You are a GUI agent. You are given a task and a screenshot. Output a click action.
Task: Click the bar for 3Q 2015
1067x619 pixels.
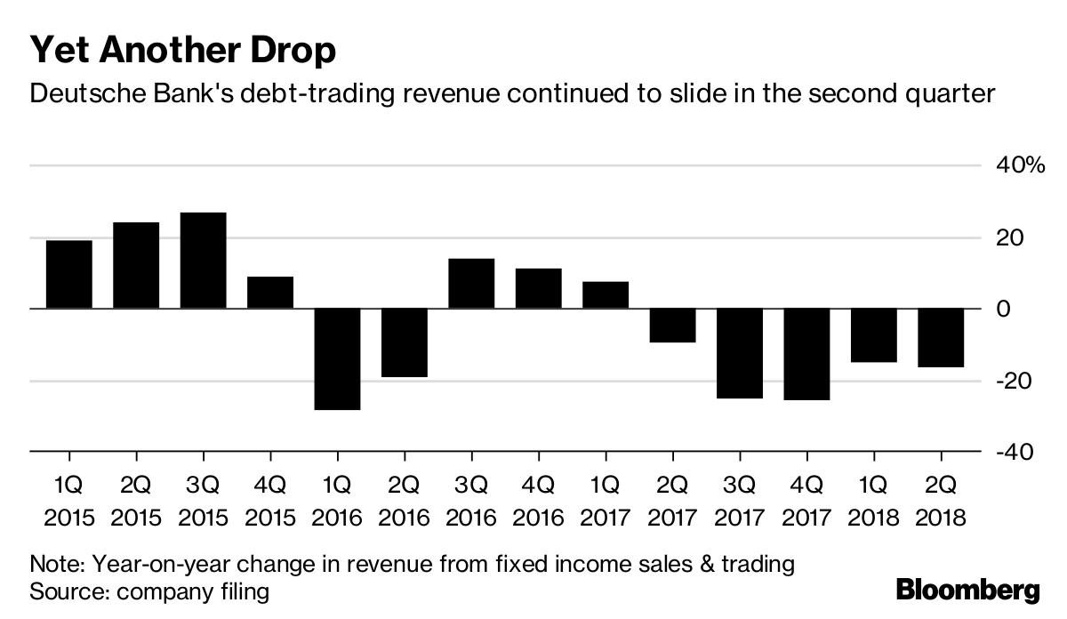coord(203,261)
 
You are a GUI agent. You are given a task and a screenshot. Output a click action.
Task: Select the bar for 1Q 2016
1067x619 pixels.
coord(337,359)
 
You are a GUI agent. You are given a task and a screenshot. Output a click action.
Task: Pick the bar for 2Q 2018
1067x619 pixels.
coord(940,338)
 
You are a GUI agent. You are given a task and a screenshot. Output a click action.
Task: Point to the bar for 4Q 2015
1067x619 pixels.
coord(270,293)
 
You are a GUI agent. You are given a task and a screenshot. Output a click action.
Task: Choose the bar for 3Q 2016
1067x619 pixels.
coord(471,284)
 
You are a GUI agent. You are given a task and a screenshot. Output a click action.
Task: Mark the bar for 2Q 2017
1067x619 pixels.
coord(672,326)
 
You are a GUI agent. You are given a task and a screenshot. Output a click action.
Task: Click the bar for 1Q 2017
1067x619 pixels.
coord(606,295)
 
